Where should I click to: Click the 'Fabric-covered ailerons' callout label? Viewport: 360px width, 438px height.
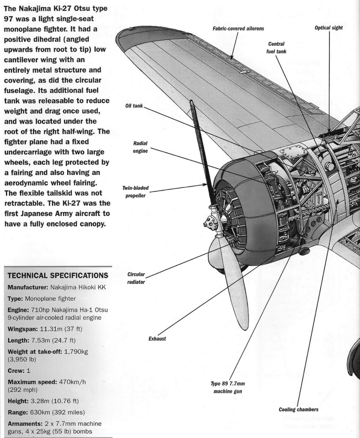pyautogui.click(x=238, y=29)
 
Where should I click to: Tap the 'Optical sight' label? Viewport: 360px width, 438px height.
pyautogui.click(x=329, y=28)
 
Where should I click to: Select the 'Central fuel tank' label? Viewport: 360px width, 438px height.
pyautogui.click(x=276, y=47)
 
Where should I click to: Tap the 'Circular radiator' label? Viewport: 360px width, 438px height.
pyautogui.click(x=136, y=278)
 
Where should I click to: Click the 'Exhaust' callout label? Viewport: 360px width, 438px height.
pyautogui.click(x=158, y=339)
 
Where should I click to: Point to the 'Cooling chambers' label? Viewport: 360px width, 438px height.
pyautogui.click(x=298, y=409)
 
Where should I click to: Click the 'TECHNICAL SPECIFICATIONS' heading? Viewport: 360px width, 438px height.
pyautogui.click(x=55, y=275)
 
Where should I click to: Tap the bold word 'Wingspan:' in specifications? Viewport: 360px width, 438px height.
pyautogui.click(x=23, y=329)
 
